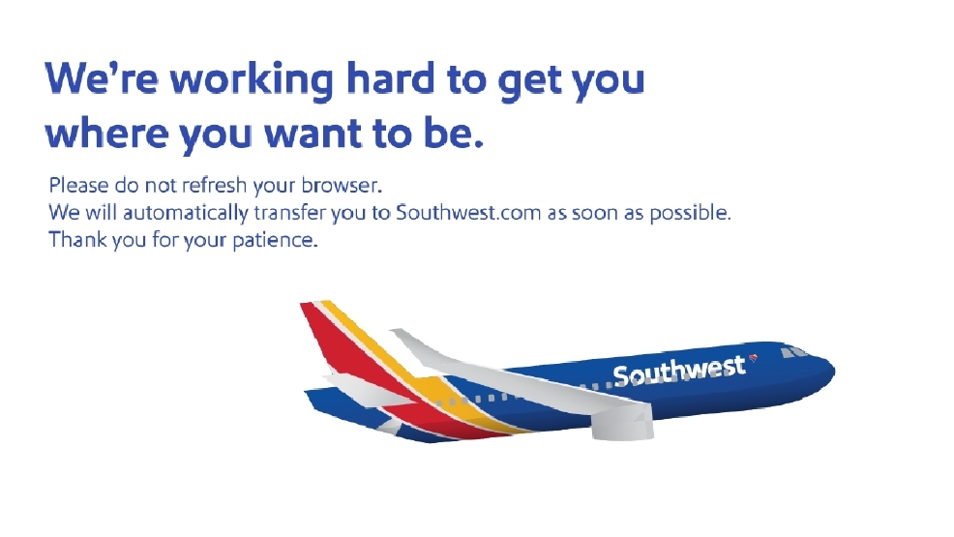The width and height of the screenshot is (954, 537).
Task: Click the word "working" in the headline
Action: (x=252, y=80)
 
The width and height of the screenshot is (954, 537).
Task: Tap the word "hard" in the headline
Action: (x=391, y=77)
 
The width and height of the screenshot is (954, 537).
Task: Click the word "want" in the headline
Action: (x=313, y=134)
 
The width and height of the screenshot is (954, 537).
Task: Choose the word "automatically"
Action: (x=186, y=213)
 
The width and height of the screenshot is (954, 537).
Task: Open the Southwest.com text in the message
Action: (x=468, y=212)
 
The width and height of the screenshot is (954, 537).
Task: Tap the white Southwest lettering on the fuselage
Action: (x=679, y=371)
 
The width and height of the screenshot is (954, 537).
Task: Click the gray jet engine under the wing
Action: (x=622, y=421)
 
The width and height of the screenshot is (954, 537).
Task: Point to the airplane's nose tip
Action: (x=834, y=371)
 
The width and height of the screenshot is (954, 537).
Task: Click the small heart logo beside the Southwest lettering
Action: (x=753, y=358)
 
